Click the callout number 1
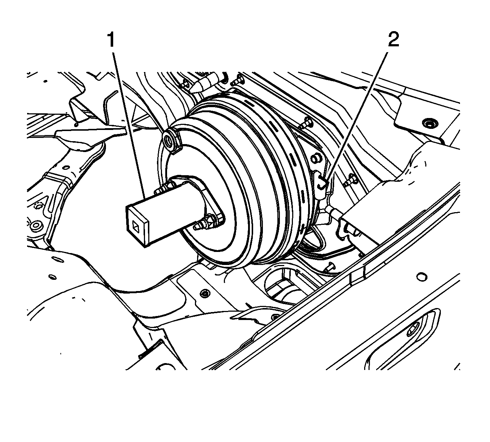(x=111, y=40)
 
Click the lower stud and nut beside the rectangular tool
(x=206, y=223)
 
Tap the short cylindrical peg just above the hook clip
(x=316, y=158)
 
